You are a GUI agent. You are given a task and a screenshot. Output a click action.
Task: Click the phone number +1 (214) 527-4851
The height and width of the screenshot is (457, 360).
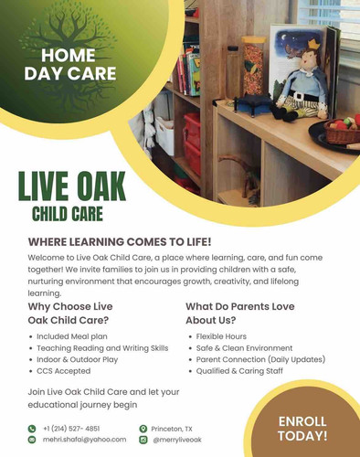tap(71, 428)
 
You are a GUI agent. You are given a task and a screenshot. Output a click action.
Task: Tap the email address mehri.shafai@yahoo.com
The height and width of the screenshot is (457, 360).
tap(84, 440)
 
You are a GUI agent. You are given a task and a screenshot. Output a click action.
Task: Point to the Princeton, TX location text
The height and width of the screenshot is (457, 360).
tap(173, 428)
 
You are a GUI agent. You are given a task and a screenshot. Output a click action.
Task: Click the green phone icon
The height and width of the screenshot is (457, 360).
tap(32, 428)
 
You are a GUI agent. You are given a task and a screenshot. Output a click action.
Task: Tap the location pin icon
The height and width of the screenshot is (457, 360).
tap(143, 428)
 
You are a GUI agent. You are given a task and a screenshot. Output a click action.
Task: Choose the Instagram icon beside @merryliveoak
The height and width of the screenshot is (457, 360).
tap(143, 440)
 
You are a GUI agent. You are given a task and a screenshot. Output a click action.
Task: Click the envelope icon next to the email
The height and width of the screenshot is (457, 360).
tap(32, 440)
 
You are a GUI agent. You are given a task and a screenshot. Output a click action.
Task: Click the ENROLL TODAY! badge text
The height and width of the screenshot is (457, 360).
tap(302, 428)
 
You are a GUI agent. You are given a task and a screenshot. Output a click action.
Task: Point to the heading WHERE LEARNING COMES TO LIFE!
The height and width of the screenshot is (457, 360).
tap(120, 241)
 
